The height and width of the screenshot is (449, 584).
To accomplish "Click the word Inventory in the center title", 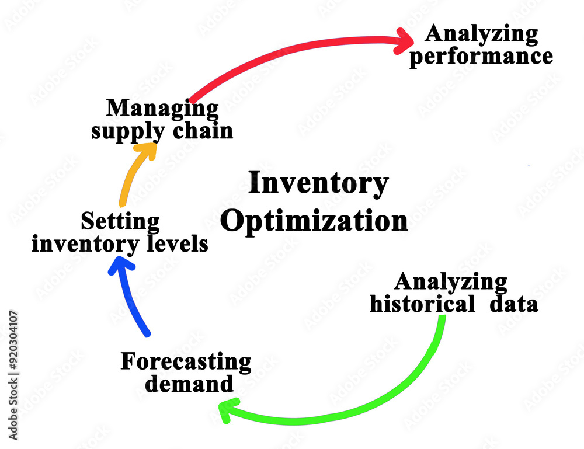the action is pyautogui.click(x=318, y=183).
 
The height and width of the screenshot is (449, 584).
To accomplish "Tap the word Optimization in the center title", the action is pyautogui.click(x=314, y=221).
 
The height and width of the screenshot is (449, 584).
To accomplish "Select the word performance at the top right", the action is pyautogui.click(x=481, y=57).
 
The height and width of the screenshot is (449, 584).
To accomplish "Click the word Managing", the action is pyautogui.click(x=162, y=109).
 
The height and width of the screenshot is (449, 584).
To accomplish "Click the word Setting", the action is pyautogui.click(x=120, y=222).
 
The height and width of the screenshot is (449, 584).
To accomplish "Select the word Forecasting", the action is pyautogui.click(x=186, y=362).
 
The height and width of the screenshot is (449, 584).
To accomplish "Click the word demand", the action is pyautogui.click(x=189, y=384).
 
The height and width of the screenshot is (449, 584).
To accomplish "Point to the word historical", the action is pyautogui.click(x=422, y=304).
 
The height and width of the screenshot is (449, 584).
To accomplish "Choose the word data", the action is pyautogui.click(x=514, y=304).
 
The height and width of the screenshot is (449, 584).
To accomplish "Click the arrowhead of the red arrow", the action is pyautogui.click(x=405, y=41).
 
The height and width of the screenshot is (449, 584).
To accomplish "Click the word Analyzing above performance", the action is pyautogui.click(x=481, y=35).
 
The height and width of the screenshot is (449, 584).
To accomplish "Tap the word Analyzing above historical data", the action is pyautogui.click(x=451, y=282).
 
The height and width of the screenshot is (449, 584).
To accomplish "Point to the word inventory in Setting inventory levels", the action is pyautogui.click(x=85, y=245).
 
